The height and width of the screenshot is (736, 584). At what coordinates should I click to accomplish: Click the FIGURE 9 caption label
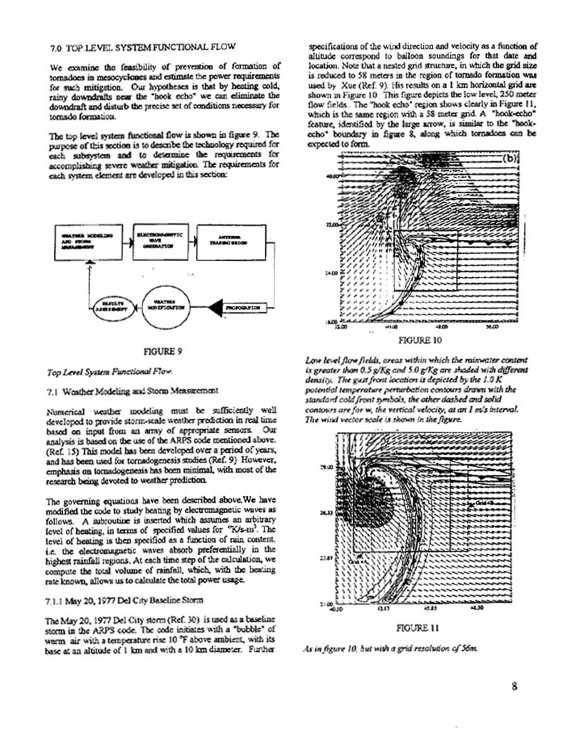[162, 352]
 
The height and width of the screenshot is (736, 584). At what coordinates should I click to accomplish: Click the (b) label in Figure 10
[509, 158]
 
